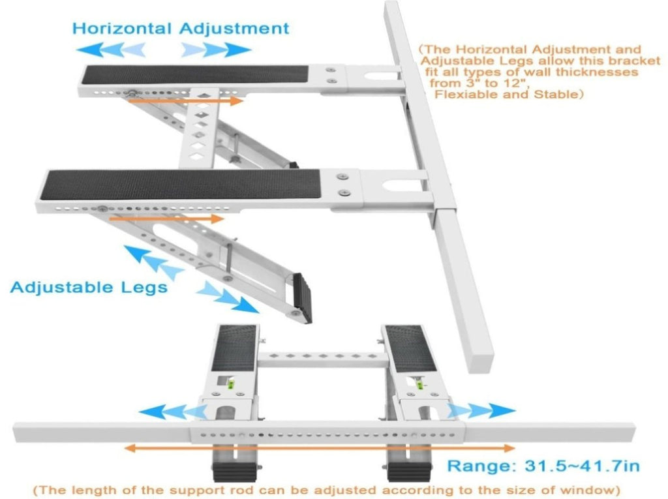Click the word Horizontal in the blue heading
(x=121, y=29)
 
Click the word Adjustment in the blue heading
(x=234, y=29)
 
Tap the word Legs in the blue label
(x=144, y=287)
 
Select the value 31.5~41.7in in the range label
(x=582, y=466)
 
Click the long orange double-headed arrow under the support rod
(x=319, y=448)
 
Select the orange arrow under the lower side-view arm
(x=166, y=219)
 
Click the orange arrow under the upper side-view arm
(x=186, y=101)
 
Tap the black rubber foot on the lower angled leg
(x=303, y=297)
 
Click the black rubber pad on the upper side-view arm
(x=194, y=74)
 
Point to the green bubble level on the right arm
(x=419, y=384)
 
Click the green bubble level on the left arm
(x=232, y=384)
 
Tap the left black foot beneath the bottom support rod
(x=234, y=472)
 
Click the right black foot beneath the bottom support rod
(x=409, y=472)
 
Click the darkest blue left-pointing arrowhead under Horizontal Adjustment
(x=90, y=50)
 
